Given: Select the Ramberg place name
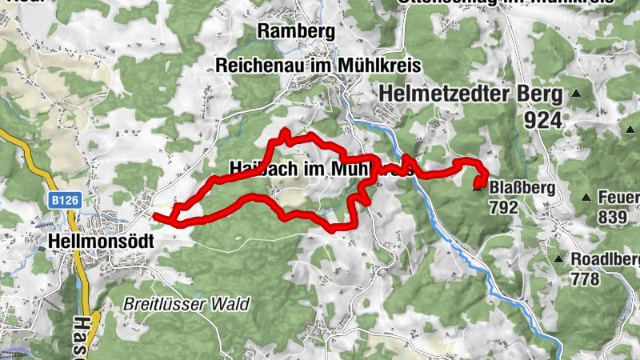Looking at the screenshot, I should click(x=295, y=31).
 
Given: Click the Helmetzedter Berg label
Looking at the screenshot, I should click(x=472, y=94).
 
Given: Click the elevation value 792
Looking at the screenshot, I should click(x=505, y=207).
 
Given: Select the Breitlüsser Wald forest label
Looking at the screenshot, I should click(x=186, y=305).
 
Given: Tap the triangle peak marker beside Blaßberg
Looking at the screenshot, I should click(x=478, y=188).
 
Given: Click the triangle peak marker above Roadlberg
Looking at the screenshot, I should click(x=558, y=258).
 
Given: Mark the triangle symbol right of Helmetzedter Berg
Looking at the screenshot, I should click(x=574, y=94).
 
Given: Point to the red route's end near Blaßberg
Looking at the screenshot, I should click(x=478, y=183).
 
